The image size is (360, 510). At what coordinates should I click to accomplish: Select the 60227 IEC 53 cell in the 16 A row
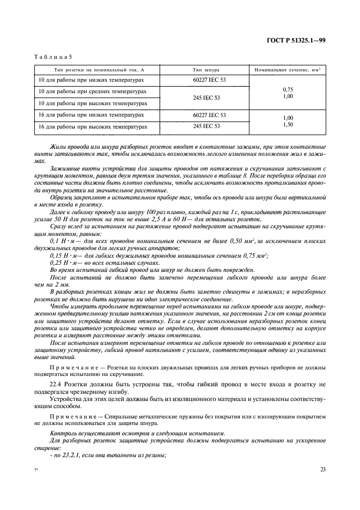pos(209,116)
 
